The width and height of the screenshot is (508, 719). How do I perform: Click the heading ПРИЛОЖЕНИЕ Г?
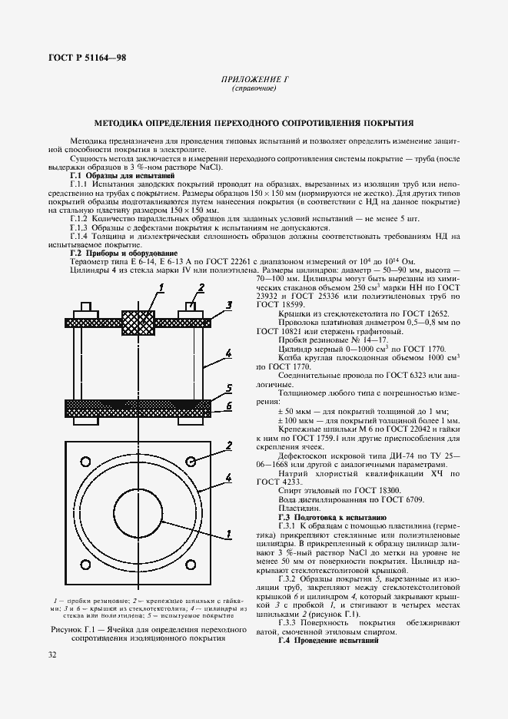[253, 79]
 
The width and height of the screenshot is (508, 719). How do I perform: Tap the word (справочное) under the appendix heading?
[253, 89]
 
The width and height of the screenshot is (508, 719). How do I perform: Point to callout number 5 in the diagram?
[229, 389]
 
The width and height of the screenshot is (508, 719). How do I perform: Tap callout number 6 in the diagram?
[229, 406]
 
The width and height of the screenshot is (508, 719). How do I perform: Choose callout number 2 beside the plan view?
[229, 446]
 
